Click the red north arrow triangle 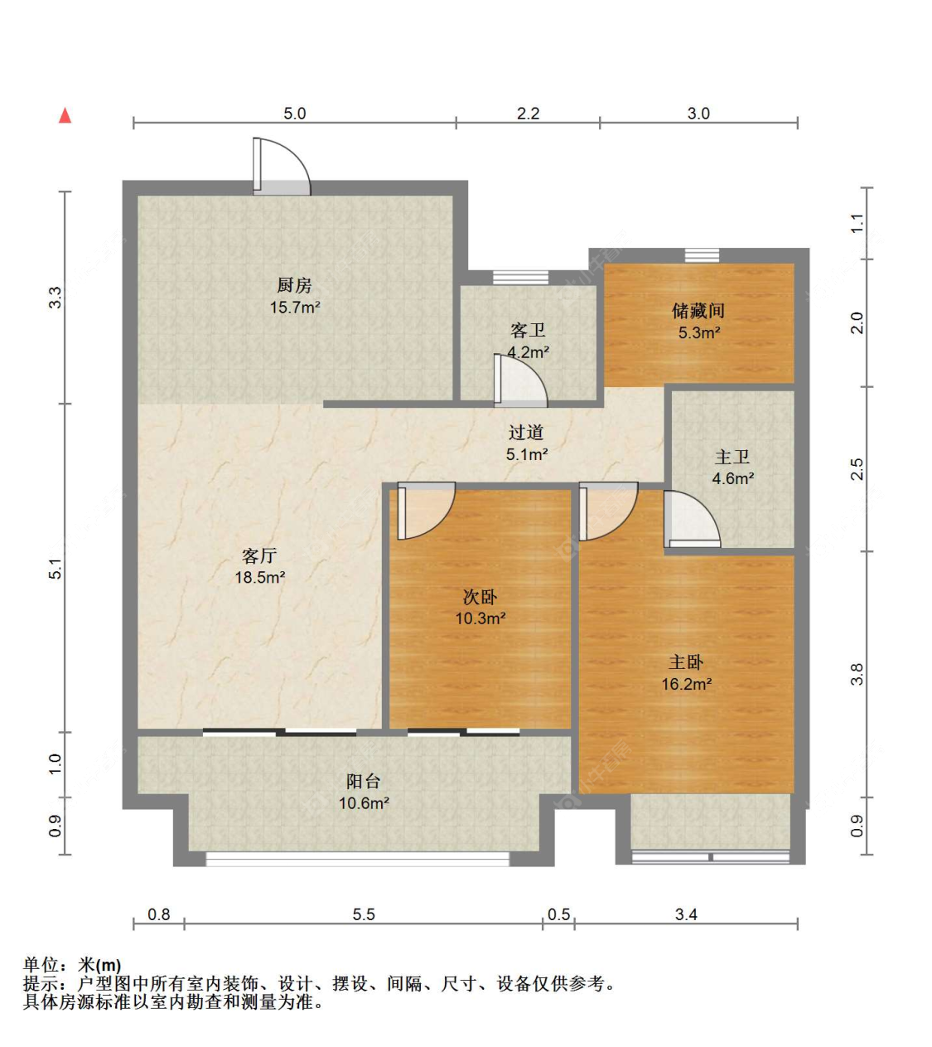(65, 115)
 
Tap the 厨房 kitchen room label (294, 285)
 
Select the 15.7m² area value (295, 308)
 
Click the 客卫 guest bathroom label (528, 330)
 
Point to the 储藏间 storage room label (698, 311)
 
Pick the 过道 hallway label (526, 432)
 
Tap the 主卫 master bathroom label (732, 457)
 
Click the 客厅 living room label (259, 555)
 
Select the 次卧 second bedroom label (480, 597)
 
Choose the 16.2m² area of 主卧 (687, 684)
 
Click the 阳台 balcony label (363, 781)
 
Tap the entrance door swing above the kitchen (282, 167)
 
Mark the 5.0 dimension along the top (294, 114)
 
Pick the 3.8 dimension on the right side (857, 675)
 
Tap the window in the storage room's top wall (702, 255)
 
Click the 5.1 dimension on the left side (56, 569)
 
